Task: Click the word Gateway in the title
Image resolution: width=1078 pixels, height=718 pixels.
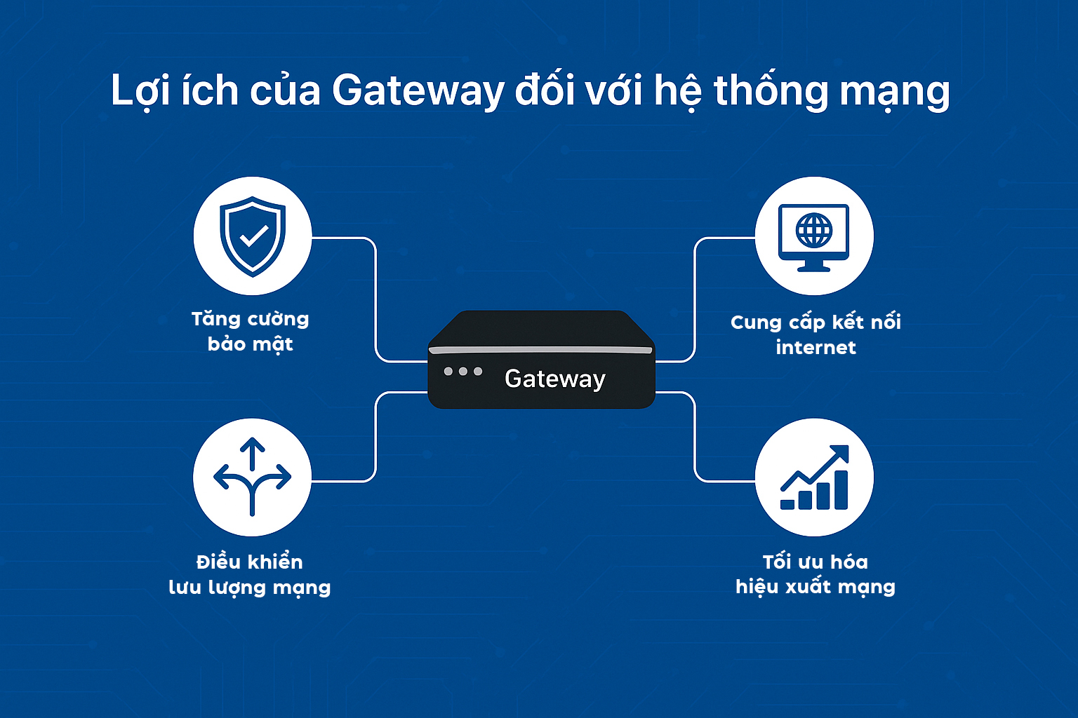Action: click(x=418, y=91)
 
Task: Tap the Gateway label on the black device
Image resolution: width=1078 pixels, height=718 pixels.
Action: click(x=554, y=379)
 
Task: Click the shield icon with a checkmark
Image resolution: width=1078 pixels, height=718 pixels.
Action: click(x=253, y=236)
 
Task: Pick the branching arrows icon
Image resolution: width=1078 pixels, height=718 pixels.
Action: click(x=252, y=477)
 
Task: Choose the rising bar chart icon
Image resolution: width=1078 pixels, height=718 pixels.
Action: click(x=814, y=478)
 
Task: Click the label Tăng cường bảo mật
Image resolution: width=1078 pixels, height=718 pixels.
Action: click(x=251, y=332)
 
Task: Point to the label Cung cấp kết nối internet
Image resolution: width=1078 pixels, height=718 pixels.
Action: click(x=816, y=334)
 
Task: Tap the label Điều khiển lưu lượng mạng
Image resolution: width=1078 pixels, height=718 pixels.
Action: click(x=250, y=574)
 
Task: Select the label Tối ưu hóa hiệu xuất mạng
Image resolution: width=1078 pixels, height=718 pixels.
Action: click(x=816, y=574)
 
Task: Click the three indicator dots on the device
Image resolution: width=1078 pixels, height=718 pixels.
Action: click(x=463, y=371)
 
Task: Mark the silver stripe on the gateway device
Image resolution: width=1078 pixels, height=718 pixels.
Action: click(x=540, y=349)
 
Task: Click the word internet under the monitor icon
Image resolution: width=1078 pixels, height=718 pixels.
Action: click(x=816, y=348)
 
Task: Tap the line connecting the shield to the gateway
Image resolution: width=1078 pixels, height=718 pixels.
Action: click(x=375, y=302)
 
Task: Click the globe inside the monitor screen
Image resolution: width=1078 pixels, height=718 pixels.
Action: click(x=814, y=229)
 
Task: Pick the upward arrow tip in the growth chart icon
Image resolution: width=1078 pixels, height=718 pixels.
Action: click(x=841, y=453)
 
